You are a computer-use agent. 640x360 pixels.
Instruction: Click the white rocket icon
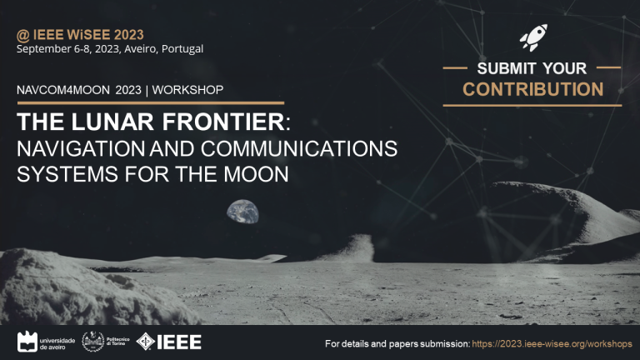pos(533,37)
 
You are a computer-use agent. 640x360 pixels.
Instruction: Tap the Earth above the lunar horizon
pos(242,212)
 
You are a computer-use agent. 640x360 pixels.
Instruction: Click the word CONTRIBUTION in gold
pos(532,89)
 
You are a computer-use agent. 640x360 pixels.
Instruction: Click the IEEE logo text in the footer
pos(179,342)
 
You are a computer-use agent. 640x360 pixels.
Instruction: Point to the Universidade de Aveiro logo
pos(46,342)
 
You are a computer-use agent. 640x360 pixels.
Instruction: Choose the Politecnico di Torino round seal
pos(93,341)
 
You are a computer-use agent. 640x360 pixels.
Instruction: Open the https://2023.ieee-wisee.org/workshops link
pos(552,343)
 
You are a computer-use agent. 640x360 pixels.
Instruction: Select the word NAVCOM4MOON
pos(63,90)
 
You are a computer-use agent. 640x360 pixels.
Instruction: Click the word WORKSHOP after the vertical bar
pos(187,90)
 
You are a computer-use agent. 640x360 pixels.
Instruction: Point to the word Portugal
pos(182,49)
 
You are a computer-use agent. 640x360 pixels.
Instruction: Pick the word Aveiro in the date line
pos(140,49)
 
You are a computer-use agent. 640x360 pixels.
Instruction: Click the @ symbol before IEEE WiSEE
pos(22,36)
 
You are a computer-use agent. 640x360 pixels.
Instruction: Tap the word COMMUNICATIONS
pos(299,148)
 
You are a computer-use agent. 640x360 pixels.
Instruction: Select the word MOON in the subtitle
pos(256,174)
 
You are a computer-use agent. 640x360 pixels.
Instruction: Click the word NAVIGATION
pos(81,148)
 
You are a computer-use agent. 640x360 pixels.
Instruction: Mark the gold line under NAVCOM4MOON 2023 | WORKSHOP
pos(151,102)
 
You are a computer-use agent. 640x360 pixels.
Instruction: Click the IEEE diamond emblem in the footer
pos(145,342)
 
